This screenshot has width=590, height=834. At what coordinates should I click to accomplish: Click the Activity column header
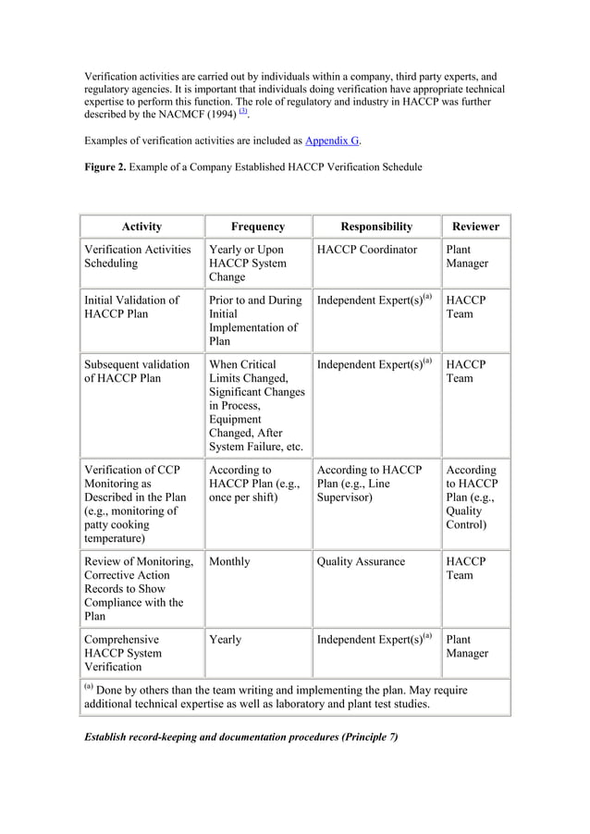tap(141, 227)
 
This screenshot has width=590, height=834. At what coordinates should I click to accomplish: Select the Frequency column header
tap(258, 227)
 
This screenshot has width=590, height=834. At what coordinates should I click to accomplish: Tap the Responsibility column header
tap(376, 227)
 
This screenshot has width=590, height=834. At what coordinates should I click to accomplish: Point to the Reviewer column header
tap(475, 227)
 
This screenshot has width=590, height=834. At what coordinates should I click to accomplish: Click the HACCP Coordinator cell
tap(366, 250)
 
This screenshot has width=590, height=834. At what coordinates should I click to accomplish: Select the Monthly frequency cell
tap(229, 561)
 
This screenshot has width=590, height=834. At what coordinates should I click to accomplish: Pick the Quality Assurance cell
tap(361, 561)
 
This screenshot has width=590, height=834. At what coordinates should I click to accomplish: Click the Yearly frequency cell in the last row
tap(227, 639)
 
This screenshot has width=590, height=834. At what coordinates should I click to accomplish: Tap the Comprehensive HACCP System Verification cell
tap(122, 652)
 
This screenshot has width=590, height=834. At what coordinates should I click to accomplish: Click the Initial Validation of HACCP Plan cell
tap(131, 307)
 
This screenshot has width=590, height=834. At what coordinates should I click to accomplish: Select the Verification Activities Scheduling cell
tap(137, 256)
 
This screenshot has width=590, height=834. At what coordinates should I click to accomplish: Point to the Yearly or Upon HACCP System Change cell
tap(247, 263)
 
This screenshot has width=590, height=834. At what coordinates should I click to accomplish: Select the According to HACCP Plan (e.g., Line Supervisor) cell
tap(369, 484)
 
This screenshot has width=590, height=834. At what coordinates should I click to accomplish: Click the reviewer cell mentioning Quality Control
tap(471, 497)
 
